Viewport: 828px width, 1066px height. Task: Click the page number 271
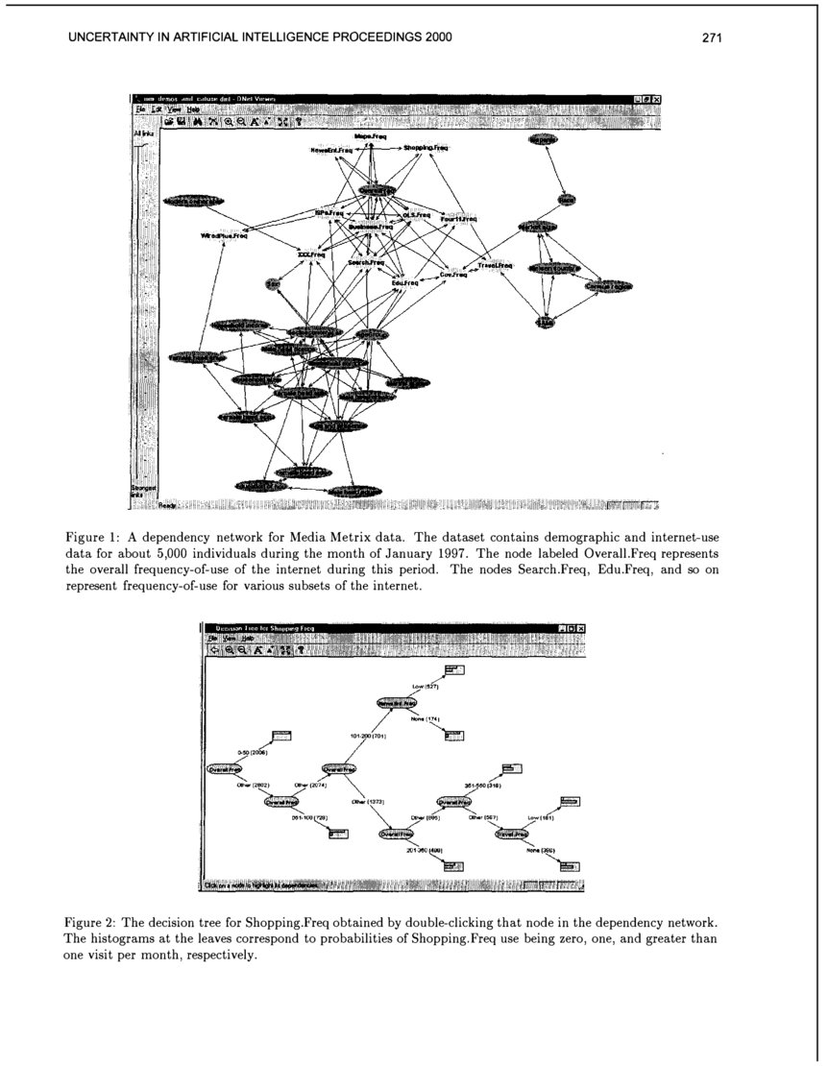(x=711, y=38)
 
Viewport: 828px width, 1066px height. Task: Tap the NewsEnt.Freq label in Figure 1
(x=331, y=150)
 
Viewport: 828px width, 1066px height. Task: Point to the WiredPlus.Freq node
(x=225, y=235)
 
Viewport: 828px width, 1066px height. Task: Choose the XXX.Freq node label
(x=311, y=254)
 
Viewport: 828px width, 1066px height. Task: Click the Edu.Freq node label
(x=404, y=283)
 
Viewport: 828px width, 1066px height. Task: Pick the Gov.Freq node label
(x=453, y=275)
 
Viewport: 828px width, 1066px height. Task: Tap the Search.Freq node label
(x=366, y=262)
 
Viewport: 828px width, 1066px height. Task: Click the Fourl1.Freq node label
(x=458, y=220)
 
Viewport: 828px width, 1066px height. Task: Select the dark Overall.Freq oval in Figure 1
(x=377, y=190)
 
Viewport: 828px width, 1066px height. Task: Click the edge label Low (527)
(x=425, y=687)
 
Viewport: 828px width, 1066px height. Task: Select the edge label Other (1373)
(x=368, y=800)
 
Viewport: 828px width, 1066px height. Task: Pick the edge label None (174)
(x=425, y=719)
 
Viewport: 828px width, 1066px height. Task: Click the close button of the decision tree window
(x=580, y=628)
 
